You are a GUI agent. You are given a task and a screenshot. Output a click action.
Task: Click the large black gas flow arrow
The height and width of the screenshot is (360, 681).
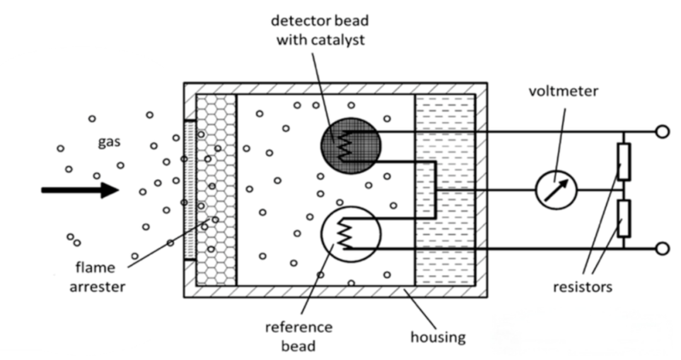pyautogui.click(x=79, y=189)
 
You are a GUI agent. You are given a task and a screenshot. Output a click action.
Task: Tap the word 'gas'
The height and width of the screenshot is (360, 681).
pyautogui.click(x=109, y=142)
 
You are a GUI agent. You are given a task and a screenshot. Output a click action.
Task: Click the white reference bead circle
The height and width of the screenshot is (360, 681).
pyautogui.click(x=351, y=233)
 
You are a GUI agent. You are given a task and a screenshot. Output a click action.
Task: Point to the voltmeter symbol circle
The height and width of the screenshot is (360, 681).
pyautogui.click(x=556, y=190)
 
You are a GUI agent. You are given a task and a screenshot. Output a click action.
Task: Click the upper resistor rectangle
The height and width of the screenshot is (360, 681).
pyautogui.click(x=624, y=161)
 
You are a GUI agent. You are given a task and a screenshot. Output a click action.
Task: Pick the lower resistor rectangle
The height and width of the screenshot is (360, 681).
pyautogui.click(x=624, y=218)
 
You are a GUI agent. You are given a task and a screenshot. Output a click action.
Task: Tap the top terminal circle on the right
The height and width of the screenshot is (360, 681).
pyautogui.click(x=662, y=132)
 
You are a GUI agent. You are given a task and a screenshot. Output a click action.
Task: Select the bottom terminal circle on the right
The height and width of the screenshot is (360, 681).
pyautogui.click(x=662, y=248)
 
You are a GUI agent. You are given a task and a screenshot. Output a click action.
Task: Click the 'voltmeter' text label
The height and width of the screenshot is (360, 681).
pyautogui.click(x=563, y=92)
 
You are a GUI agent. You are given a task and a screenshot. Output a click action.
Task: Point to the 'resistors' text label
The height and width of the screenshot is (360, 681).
pyautogui.click(x=582, y=287)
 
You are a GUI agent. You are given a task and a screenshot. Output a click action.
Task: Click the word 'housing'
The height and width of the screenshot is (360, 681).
pyautogui.click(x=438, y=337)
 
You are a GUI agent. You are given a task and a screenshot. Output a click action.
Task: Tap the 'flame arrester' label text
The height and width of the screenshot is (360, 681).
pyautogui.click(x=100, y=277)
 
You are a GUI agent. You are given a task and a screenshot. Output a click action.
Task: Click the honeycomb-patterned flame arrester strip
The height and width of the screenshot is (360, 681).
pyautogui.click(x=216, y=189)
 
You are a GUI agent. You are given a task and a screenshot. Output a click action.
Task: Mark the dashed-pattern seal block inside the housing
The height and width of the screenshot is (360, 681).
pyautogui.click(x=445, y=189)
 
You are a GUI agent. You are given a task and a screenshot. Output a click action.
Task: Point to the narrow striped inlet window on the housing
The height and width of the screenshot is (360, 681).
pyautogui.click(x=189, y=189)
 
